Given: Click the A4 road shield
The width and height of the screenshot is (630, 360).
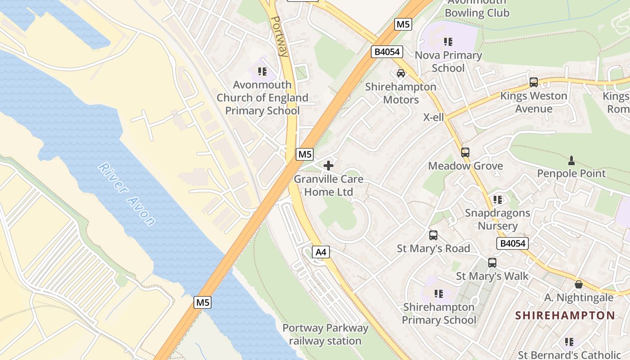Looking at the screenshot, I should pos(321,252).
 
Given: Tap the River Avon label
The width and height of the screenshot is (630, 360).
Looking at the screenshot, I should pos(127,193).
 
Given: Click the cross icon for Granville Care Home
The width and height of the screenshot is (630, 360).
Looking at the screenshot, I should pos(328,166).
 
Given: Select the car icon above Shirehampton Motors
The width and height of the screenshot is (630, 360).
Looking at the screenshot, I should pos(400,73).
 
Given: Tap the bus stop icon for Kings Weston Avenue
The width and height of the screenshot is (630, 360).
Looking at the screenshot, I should pos(534,82).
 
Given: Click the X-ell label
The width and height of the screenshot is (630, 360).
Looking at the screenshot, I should pos(434,117).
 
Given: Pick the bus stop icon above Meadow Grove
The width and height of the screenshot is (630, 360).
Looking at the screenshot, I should pos(465,153).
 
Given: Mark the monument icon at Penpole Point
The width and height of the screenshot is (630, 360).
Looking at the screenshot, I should pos(571,160).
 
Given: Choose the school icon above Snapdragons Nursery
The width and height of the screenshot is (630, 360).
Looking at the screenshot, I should pos(498,199).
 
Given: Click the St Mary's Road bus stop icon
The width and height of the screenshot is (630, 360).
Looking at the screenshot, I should pos(433,235).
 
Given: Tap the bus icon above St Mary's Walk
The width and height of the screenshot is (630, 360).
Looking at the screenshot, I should pos(492,263).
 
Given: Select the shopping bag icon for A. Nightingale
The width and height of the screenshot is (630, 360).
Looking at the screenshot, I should pos(579,284).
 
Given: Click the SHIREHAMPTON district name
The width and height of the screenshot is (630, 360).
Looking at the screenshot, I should pos(565,315).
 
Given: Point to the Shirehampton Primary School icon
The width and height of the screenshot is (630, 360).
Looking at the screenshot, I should pos(439,294).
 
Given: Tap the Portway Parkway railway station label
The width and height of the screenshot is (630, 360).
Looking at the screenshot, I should pos(325,334).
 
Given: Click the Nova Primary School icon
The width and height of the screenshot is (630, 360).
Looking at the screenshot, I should pos(448,42).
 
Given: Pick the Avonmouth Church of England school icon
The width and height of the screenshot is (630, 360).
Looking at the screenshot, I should pos(263,71).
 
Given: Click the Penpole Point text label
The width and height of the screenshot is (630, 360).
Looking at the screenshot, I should pos(571,173).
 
